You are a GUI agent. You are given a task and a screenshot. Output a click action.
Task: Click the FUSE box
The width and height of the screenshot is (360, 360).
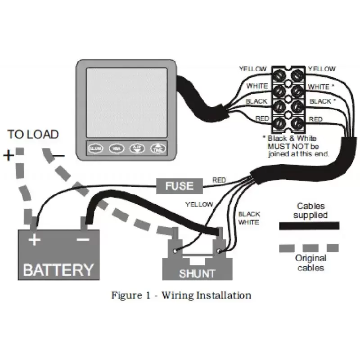[x=179, y=185]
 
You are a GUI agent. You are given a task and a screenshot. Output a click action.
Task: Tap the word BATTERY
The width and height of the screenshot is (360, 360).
[x=58, y=270]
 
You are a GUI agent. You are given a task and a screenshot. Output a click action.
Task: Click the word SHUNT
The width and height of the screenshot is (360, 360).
[x=197, y=273]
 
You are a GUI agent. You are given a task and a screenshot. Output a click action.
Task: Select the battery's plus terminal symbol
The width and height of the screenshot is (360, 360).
[x=34, y=239]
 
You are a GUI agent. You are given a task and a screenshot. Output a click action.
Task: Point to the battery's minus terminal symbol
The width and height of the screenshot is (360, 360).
[x=83, y=239]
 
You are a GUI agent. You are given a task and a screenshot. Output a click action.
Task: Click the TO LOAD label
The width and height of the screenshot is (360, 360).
[x=33, y=134]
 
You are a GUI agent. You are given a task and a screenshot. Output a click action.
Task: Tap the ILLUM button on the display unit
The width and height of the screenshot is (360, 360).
[x=95, y=148]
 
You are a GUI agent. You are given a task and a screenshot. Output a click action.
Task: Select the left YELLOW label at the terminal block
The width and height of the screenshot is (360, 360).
[x=253, y=69]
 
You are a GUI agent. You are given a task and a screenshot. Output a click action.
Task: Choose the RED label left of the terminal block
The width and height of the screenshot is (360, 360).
[x=262, y=118]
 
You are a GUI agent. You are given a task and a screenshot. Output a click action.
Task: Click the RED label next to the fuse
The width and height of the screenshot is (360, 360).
[x=219, y=180]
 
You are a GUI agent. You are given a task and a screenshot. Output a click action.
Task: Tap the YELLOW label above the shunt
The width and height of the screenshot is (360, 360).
[x=199, y=204]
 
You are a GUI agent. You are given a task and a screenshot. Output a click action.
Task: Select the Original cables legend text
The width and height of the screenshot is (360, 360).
[x=310, y=263]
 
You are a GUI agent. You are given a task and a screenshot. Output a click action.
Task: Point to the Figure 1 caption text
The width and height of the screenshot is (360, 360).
[x=181, y=296]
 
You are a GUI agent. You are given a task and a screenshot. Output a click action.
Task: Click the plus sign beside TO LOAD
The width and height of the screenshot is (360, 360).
[x=9, y=156]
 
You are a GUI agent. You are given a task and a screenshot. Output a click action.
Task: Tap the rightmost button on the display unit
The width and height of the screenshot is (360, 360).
[x=157, y=148]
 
